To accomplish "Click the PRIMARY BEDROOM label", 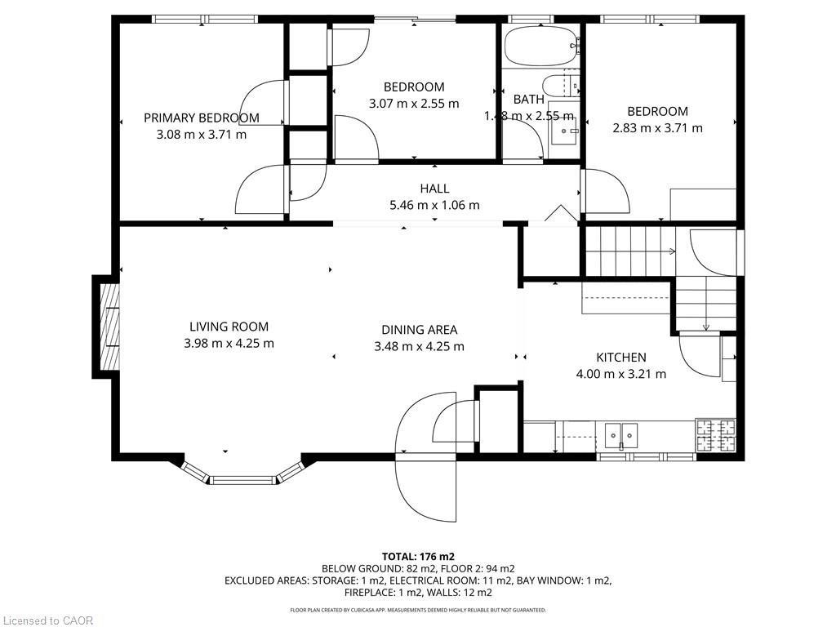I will pos(201,118).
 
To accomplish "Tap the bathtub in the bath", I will pos(540,47).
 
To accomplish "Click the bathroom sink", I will pos(563,129).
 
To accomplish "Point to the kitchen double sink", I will pos(620,436).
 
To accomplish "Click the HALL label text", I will pos(434,189).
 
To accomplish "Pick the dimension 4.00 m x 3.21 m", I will pos(621,374).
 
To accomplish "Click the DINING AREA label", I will pos(419,330).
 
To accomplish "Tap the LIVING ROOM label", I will pos(229,327).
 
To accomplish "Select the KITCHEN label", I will pos(621,358).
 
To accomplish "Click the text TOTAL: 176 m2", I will pos(418,557).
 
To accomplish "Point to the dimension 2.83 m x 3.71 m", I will pos(657,127).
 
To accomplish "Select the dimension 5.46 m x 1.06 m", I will pos(434,205).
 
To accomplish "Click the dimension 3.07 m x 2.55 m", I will pos(414,103).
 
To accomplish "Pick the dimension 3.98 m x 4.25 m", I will pos(229,343).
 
